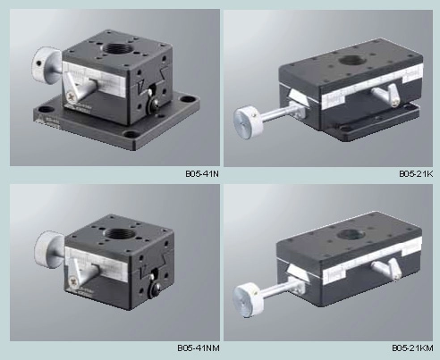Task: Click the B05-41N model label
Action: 202,173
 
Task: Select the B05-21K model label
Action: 416,173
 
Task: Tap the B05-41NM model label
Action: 199,347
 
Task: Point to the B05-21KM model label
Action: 412,347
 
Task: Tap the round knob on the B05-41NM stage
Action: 47,247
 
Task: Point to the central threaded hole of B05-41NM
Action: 119,232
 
